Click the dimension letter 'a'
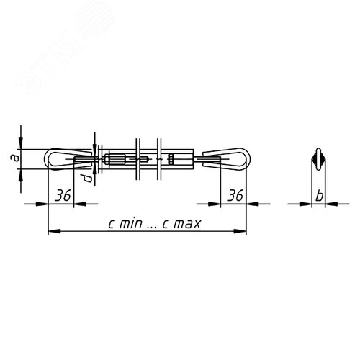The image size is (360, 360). pyautogui.click(x=15, y=158)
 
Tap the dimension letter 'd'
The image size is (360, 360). pyautogui.click(x=88, y=178)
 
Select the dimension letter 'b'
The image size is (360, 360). pyautogui.click(x=319, y=196)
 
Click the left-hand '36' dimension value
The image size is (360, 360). pyautogui.click(x=63, y=195)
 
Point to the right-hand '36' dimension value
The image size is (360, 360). pyautogui.click(x=235, y=195)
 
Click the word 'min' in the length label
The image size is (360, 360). pyautogui.click(x=131, y=224)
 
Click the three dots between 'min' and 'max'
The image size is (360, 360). pyautogui.click(x=152, y=228)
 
